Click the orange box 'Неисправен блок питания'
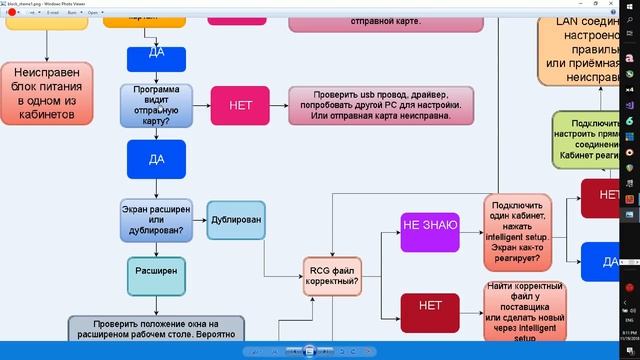pyautogui.click(x=47, y=92)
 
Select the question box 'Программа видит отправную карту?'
pyautogui.click(x=157, y=105)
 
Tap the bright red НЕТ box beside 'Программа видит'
pyautogui.click(x=240, y=105)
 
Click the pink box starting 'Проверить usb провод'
pyautogui.click(x=396, y=105)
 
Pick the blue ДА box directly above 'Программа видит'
pyautogui.click(x=157, y=59)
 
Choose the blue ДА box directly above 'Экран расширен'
pyautogui.click(x=157, y=159)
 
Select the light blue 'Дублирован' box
pyautogui.click(x=237, y=220)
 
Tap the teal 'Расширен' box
pyautogui.click(x=157, y=271)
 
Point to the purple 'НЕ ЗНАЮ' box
pyautogui.click(x=429, y=225)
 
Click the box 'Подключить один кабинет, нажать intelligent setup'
pyautogui.click(x=518, y=232)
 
